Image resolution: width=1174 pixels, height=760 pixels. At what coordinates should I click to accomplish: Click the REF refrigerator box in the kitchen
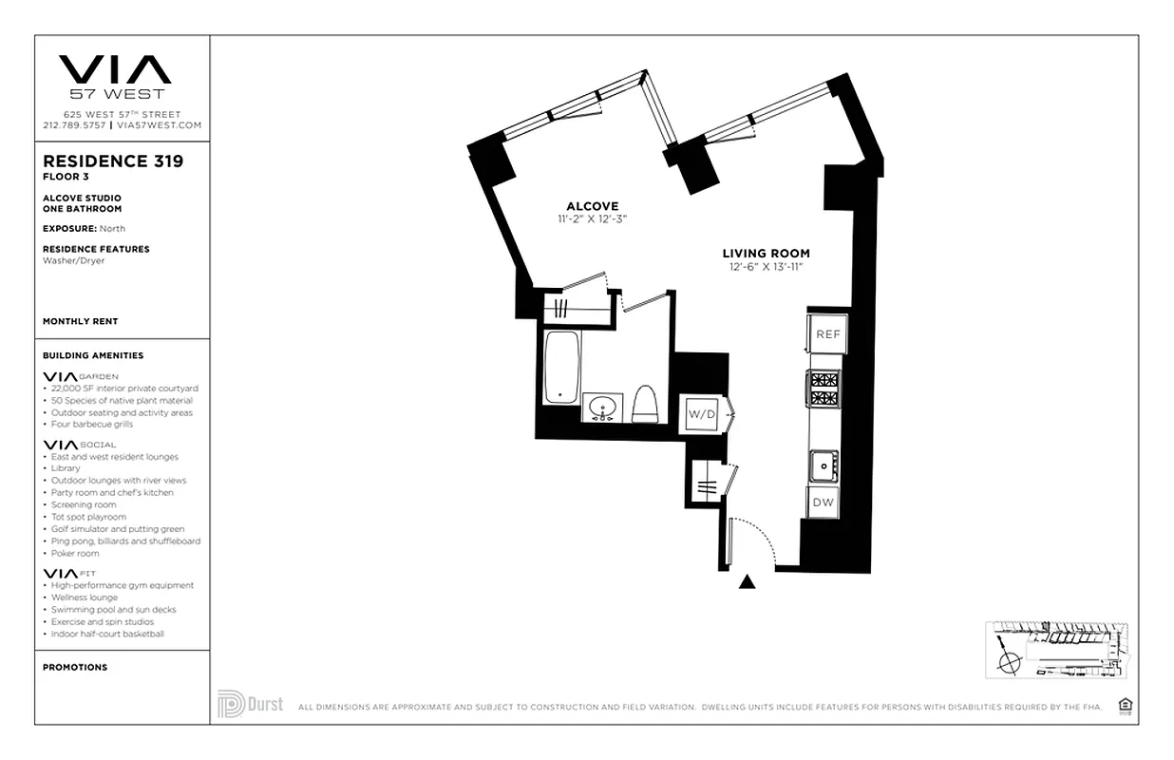click(x=827, y=334)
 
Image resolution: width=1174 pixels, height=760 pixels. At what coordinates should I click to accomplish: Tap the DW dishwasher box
click(x=823, y=503)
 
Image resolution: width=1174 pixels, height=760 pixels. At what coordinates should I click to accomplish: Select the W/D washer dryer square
click(x=702, y=414)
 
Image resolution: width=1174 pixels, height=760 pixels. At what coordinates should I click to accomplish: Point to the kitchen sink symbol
click(x=823, y=466)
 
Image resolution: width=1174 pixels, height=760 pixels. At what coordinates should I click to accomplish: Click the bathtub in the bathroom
click(x=561, y=368)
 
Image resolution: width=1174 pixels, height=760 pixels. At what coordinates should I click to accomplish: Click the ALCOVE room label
click(x=592, y=206)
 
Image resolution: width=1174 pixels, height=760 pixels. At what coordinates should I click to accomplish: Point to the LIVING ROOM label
click(x=766, y=254)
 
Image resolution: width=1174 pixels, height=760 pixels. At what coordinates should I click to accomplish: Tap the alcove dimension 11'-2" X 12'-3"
click(x=593, y=219)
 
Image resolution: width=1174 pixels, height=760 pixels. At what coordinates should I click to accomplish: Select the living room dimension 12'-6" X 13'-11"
click(x=766, y=267)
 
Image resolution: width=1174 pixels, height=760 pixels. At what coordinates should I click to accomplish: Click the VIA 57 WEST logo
click(x=116, y=76)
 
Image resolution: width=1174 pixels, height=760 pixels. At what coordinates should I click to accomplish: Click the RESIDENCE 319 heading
click(x=113, y=161)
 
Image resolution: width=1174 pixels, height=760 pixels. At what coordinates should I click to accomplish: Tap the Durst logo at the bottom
click(x=251, y=704)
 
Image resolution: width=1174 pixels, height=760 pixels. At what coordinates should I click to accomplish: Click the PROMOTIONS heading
click(x=75, y=667)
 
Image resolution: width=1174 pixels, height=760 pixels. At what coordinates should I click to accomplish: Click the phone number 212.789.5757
click(x=75, y=124)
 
